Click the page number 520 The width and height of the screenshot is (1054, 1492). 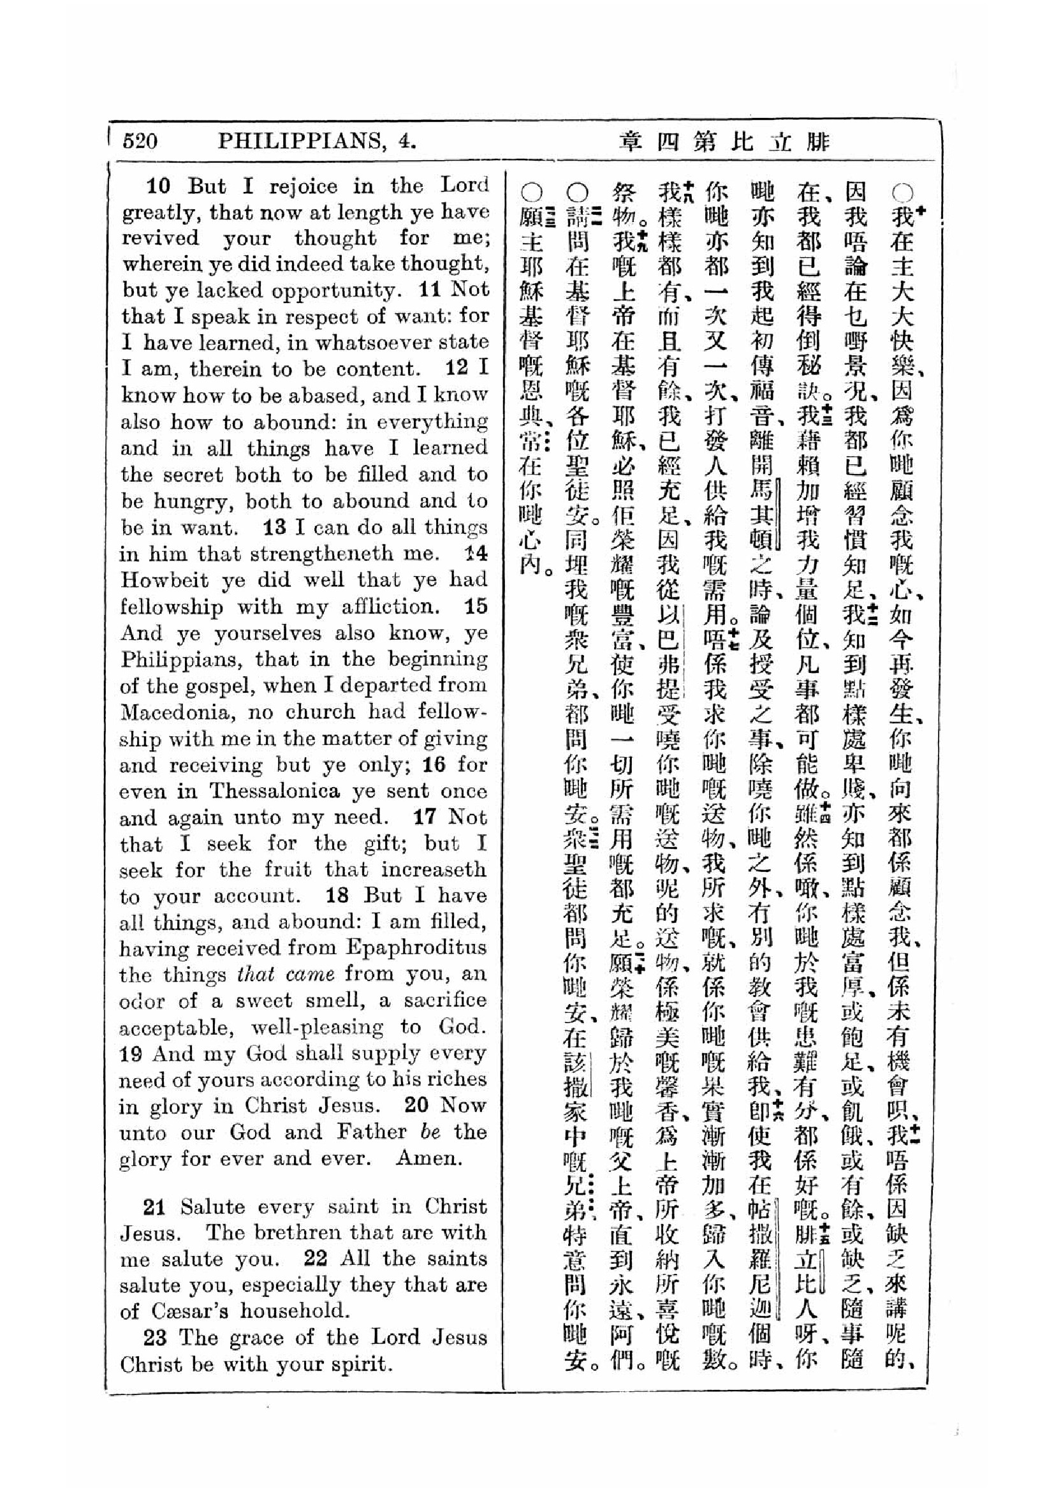[140, 140]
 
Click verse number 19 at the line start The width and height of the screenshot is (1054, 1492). [132, 1053]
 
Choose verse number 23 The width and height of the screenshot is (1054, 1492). [155, 1338]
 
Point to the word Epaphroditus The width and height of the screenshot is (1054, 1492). [416, 947]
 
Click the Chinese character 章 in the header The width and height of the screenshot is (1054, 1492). [629, 141]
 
